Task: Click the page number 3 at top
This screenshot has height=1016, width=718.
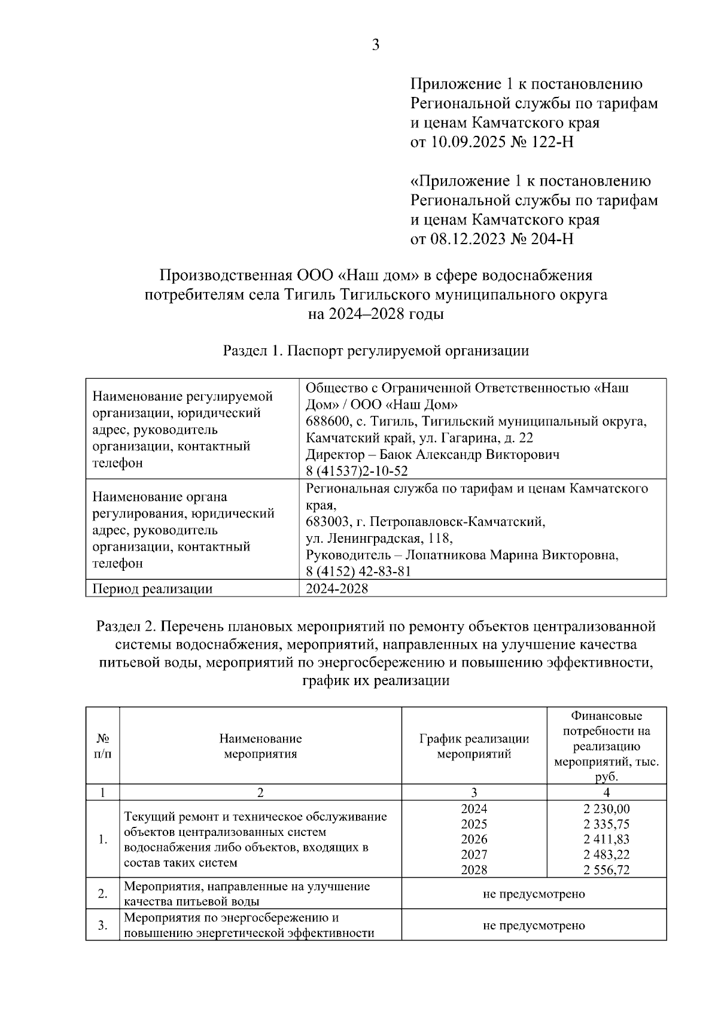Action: tap(375, 45)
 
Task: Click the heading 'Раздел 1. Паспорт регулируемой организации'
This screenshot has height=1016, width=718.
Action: tap(376, 351)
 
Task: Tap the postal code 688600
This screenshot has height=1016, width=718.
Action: tap(327, 421)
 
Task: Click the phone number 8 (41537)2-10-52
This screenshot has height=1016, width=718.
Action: tap(357, 472)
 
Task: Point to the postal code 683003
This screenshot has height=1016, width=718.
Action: tap(327, 522)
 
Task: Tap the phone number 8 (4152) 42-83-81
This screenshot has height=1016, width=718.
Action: tap(358, 571)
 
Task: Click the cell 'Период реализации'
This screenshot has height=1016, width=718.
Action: tap(153, 589)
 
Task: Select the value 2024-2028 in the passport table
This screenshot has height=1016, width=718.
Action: tap(337, 589)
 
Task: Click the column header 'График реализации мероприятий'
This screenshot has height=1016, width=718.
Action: tap(474, 746)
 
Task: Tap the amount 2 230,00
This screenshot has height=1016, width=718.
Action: tap(606, 809)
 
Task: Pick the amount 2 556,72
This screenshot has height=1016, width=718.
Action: tap(606, 870)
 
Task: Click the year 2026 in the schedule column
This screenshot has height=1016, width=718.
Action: tap(474, 839)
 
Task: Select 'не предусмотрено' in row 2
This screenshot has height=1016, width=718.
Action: tap(534, 894)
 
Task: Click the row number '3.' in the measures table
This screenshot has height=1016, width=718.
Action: tap(103, 926)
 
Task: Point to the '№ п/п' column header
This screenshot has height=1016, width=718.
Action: tap(103, 746)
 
